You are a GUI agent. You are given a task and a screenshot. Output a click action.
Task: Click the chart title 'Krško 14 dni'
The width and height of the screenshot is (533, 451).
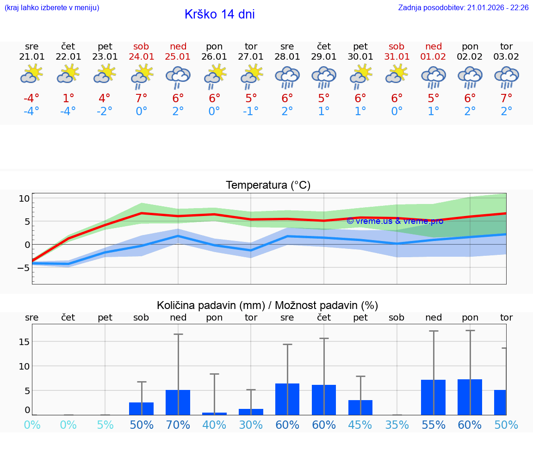pos(219,14)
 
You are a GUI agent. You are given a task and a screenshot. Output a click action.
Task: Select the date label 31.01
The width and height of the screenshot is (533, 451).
pos(397,57)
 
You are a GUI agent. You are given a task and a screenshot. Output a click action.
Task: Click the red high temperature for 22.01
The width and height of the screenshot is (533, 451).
pos(68,98)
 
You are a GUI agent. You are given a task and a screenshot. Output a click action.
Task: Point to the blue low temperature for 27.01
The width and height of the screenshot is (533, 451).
pos(251,111)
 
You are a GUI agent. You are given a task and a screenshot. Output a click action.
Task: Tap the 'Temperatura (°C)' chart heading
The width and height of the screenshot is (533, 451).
pos(268,185)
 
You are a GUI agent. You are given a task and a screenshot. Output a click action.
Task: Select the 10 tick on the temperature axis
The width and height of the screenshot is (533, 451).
pos(24,198)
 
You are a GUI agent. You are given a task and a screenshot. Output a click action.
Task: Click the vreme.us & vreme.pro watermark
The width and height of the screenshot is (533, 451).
pos(395,221)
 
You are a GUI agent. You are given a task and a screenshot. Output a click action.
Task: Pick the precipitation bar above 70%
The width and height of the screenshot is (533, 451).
pos(178,402)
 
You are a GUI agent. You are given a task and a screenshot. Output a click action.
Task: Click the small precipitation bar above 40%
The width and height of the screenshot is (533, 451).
pos(214,414)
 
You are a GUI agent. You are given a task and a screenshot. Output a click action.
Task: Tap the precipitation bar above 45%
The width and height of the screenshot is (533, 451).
pos(360,408)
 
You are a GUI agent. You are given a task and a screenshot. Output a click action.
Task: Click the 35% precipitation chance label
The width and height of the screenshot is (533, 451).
pos(397,425)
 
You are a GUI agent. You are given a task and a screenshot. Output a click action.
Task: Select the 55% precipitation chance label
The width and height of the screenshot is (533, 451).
pos(434,425)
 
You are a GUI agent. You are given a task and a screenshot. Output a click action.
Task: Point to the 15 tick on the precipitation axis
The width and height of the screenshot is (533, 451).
pos(24,342)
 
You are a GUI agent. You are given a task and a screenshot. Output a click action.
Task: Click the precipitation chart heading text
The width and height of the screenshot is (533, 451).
pos(267,305)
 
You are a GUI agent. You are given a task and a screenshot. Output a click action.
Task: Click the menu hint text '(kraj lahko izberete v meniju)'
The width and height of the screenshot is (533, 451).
pos(52,8)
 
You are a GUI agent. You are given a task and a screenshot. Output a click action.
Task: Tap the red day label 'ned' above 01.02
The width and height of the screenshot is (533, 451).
pos(434,46)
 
